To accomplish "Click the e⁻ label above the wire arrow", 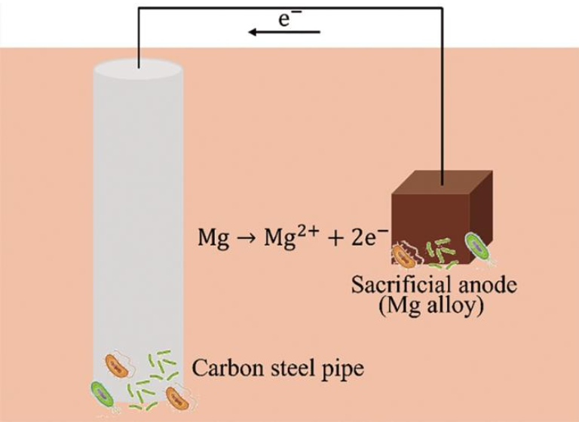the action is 289,18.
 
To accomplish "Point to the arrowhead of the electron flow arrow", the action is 253,32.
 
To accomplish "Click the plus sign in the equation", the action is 335,239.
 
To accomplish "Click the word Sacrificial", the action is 401,285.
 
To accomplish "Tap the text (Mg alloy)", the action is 431,307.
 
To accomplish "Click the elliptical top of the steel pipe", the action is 139,69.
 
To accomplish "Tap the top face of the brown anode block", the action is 442,182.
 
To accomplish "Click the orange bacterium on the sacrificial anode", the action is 403,255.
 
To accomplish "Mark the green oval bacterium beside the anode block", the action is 477,245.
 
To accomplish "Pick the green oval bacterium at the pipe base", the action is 103,394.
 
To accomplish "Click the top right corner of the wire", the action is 442,8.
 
